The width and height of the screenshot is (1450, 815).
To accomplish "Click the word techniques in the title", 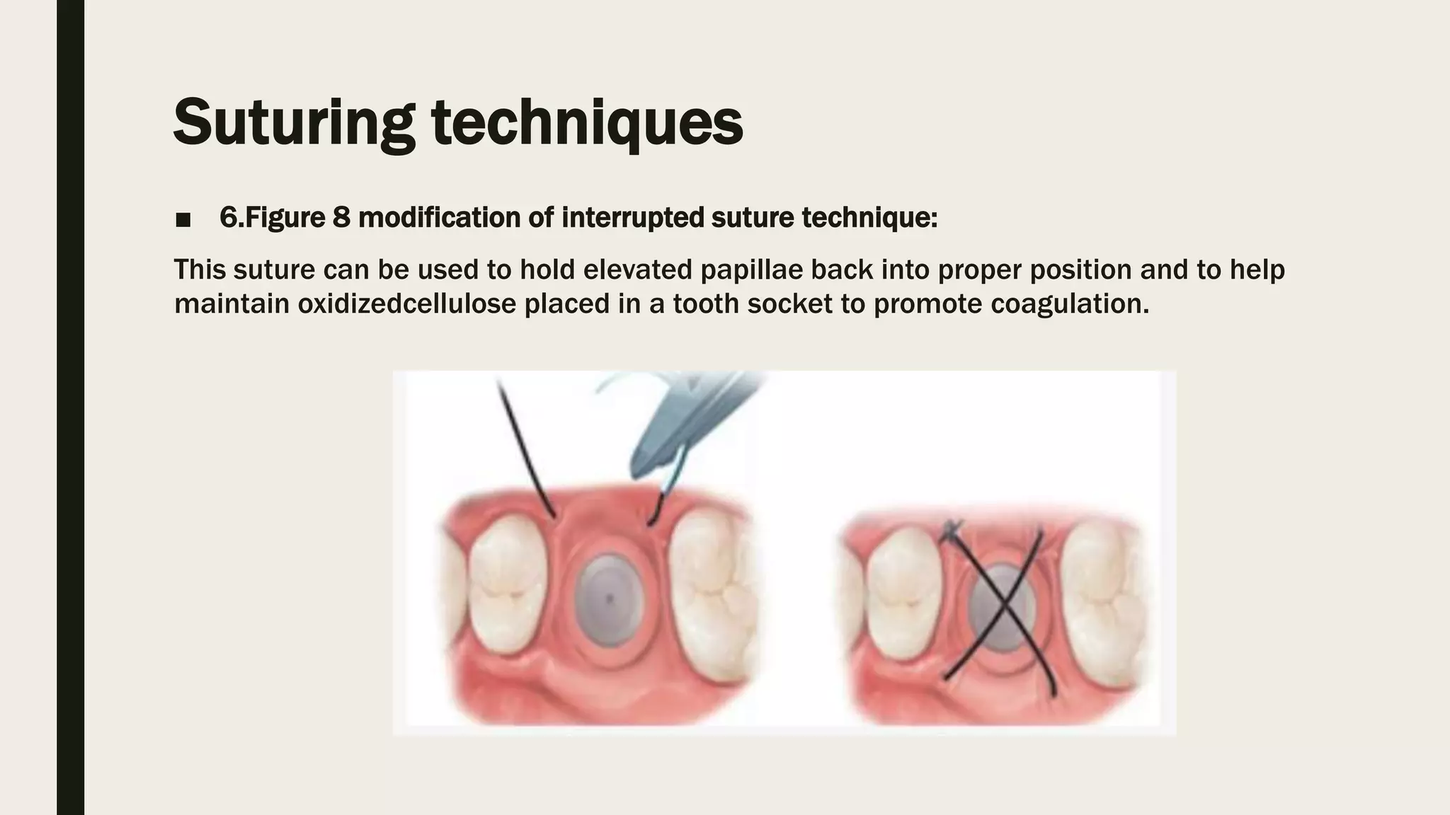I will tap(588, 122).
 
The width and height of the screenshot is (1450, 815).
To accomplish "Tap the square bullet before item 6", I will tap(183, 220).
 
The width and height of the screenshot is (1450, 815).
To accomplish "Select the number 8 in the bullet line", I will tap(341, 217).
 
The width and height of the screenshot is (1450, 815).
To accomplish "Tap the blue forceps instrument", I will tap(683, 424).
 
